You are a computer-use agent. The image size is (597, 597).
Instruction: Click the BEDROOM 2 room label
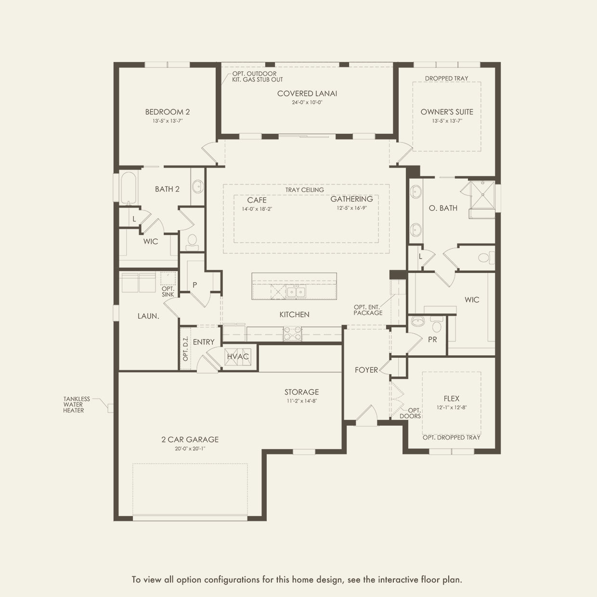167,112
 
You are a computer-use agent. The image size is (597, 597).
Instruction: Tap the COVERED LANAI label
307,93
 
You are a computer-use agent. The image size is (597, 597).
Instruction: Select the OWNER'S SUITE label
447,112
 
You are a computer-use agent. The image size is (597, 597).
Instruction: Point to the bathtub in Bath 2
129,188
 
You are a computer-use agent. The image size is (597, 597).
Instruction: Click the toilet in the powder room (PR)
437,325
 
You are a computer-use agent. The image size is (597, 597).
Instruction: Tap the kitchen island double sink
296,292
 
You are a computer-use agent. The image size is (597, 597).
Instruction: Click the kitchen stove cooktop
292,334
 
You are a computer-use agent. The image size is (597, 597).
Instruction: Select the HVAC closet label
238,357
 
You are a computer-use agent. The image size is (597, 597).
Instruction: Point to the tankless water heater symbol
111,408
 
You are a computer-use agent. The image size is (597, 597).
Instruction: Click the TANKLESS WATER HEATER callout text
76,404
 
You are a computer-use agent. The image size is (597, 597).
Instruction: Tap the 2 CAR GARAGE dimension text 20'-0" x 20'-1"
190,449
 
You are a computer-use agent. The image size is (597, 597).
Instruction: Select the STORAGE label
301,392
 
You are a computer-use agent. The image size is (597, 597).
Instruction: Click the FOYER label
366,370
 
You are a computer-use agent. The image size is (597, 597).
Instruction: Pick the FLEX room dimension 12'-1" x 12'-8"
452,407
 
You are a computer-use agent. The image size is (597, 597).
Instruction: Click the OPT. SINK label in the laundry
168,292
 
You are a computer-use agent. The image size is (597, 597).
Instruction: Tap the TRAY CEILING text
305,190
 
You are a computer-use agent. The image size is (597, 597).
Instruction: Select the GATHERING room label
351,199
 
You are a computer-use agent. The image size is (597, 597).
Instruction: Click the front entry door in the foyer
366,415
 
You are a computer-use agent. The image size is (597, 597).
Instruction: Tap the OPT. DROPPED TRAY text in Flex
452,438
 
